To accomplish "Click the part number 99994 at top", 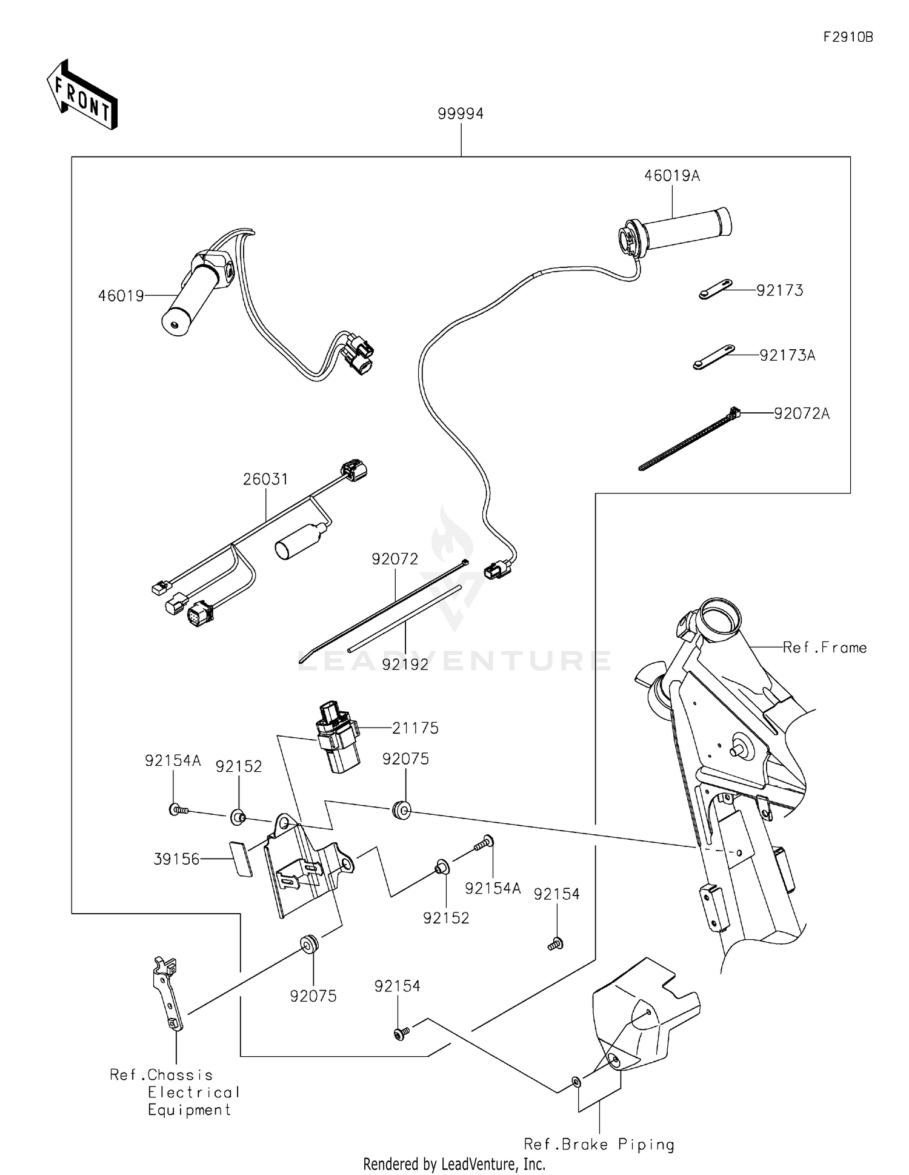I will point(461,113).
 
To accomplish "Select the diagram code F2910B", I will point(848,37).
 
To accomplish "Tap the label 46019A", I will point(671,176).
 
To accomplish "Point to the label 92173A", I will point(787,355).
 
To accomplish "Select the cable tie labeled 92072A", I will point(688,440).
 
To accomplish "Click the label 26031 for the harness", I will point(265,479).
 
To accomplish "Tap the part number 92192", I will point(405,664).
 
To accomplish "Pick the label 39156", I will point(176,859).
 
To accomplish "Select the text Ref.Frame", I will point(824,648).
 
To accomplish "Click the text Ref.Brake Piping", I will point(599,1144).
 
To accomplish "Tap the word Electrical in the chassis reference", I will point(194,1092).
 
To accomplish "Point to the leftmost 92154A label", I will point(172,760).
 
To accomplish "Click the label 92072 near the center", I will point(395,558).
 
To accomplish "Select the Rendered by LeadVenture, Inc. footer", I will point(454,1163).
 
